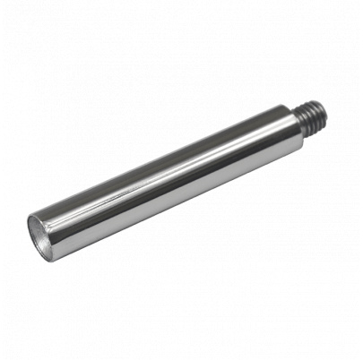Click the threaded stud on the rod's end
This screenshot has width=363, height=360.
[313, 116]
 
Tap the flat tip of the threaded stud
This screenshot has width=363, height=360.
[326, 112]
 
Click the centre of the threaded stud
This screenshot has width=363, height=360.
[313, 116]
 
